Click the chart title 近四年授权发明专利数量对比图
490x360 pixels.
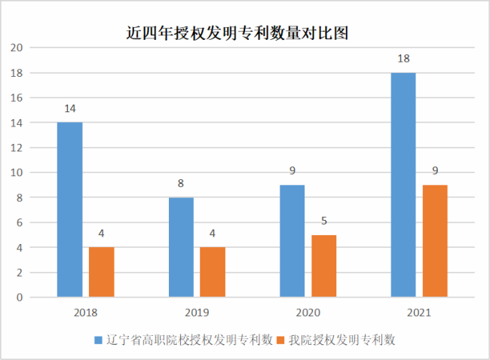click(x=236, y=33)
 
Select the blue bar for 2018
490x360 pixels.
click(x=70, y=209)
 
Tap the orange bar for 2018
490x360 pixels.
click(x=101, y=272)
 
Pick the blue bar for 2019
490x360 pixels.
click(x=181, y=247)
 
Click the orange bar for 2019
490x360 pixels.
click(x=212, y=272)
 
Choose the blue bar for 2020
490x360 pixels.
click(x=292, y=241)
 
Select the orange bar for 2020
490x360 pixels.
click(x=323, y=266)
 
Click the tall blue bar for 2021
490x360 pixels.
click(x=403, y=185)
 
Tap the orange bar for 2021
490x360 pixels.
click(x=434, y=241)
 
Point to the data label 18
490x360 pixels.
click(x=403, y=59)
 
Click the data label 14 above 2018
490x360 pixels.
click(x=70, y=108)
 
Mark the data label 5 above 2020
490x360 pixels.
click(x=323, y=221)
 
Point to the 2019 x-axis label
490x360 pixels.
click(x=197, y=311)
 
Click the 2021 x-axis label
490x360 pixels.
click(x=419, y=311)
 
